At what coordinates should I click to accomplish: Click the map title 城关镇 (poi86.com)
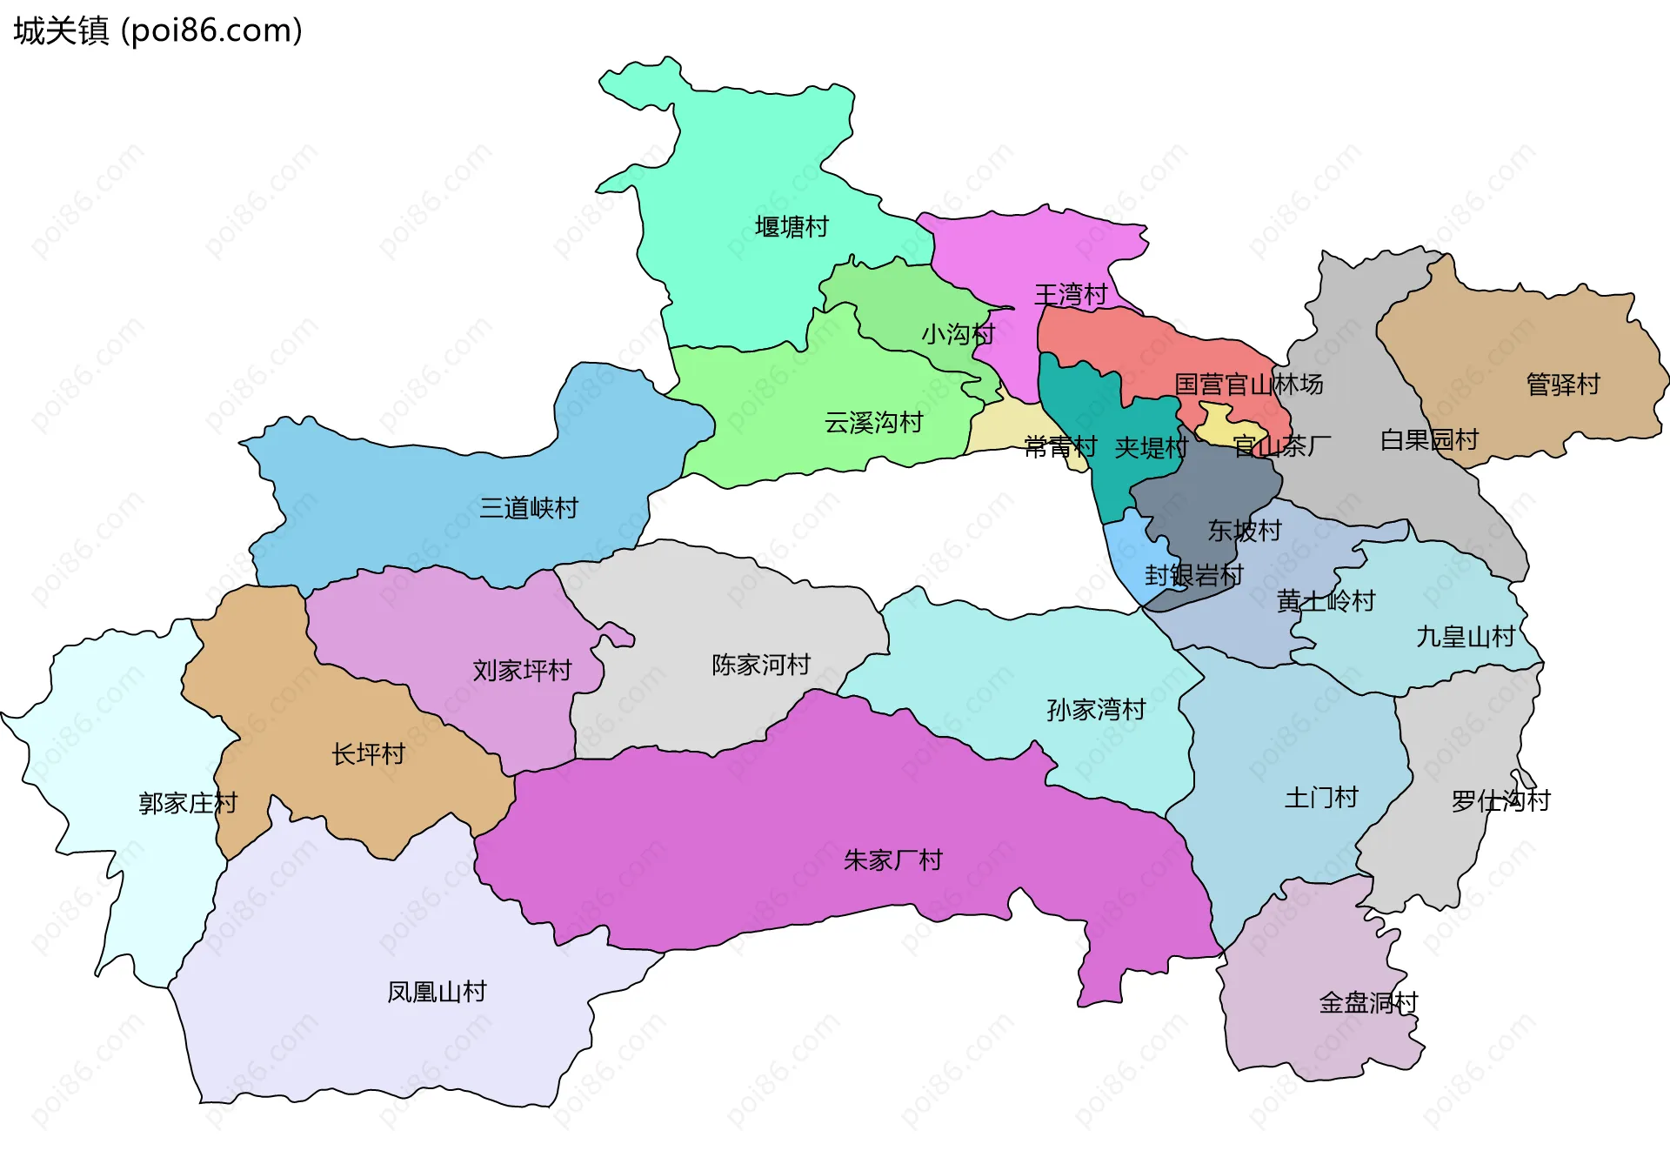157,30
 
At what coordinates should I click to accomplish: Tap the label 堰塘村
792,227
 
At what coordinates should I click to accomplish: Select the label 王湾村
1070,295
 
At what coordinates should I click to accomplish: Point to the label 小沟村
958,334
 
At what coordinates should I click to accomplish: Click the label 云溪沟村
873,423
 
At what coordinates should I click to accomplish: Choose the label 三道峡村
529,508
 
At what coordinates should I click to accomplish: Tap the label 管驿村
1563,385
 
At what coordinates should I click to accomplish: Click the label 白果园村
1429,440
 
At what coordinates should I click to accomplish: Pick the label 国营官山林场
1248,385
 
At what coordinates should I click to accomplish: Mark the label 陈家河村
761,665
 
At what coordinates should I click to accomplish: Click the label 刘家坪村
522,670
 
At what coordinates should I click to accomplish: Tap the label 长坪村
368,754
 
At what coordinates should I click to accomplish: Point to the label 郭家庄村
188,803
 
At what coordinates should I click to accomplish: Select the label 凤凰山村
437,992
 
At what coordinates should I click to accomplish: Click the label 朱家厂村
892,860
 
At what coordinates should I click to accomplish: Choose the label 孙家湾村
1096,710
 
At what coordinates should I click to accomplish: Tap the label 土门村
1321,798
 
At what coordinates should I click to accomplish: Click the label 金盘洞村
1368,1003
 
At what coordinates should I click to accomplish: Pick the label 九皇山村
1466,637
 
